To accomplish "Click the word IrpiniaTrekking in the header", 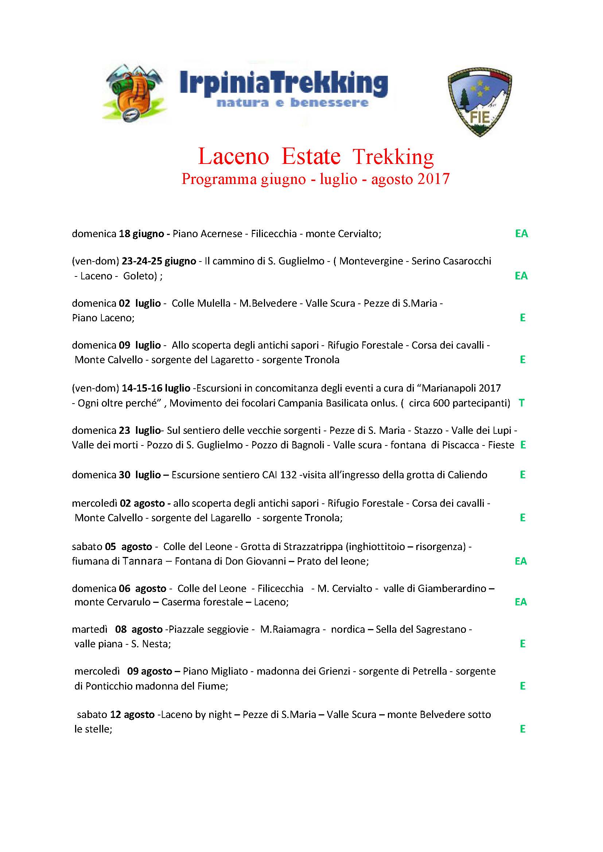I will (283, 84).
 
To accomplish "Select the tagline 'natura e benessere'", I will (292, 102).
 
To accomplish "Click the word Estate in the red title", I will (311, 157).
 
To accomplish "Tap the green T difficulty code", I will (522, 403).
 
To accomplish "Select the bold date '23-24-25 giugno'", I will (159, 261).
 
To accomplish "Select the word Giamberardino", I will (452, 589).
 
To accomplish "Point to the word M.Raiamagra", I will (289, 629).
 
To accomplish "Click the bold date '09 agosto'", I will (149, 671).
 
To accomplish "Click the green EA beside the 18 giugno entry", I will (521, 234).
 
